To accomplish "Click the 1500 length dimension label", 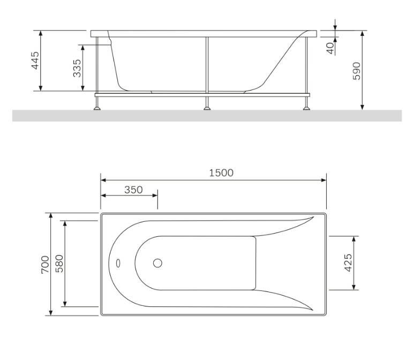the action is pyautogui.click(x=221, y=173).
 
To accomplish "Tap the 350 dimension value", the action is pyautogui.click(x=133, y=190).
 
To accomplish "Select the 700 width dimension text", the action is pyautogui.click(x=45, y=265).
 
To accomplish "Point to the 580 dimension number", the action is pyautogui.click(x=59, y=264).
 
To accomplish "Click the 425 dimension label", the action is pyautogui.click(x=348, y=262).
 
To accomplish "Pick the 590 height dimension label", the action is pyautogui.click(x=356, y=71).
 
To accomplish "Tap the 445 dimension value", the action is pyautogui.click(x=35, y=61).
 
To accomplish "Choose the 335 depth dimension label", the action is pyautogui.click(x=77, y=68).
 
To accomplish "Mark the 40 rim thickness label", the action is pyautogui.click(x=330, y=48).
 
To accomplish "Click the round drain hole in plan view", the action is pyautogui.click(x=157, y=263).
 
